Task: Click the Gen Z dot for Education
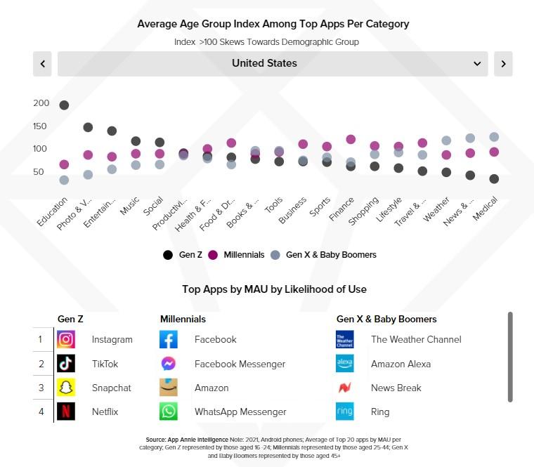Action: coord(64,105)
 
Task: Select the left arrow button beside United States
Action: coord(43,64)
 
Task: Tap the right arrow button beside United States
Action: coord(503,64)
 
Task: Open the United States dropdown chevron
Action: coord(478,64)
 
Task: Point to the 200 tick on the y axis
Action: coord(41,103)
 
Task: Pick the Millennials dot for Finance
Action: coord(351,140)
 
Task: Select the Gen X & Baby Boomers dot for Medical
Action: coord(494,137)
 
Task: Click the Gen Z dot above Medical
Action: coord(494,179)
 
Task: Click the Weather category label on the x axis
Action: coord(436,209)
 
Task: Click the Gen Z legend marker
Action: coord(167,255)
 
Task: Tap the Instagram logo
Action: coord(66,340)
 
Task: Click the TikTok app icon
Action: coord(66,364)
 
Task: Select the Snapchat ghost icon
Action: coord(66,388)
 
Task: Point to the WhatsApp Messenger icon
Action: coord(169,412)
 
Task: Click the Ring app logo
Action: coord(345,412)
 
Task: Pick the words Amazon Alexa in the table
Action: coord(400,364)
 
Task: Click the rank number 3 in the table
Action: coord(41,388)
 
